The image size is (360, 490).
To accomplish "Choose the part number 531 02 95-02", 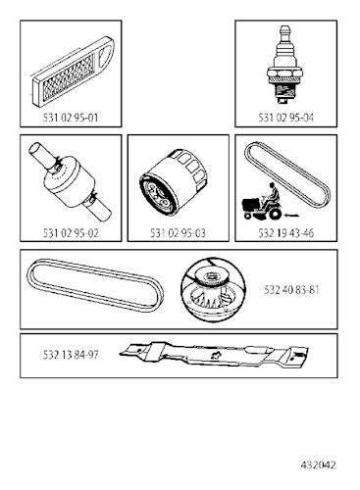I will tap(67, 235).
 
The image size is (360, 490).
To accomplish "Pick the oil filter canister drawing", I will tap(177, 186).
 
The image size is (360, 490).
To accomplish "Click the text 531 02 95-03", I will tap(178, 235).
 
